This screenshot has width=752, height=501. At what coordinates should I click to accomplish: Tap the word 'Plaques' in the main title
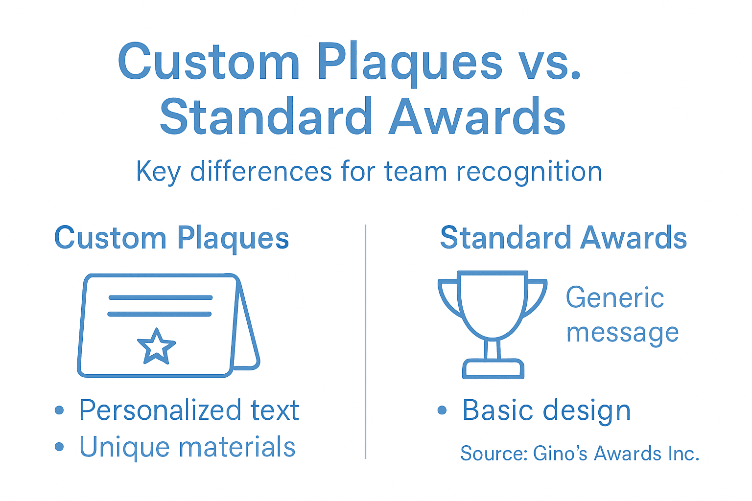(x=409, y=64)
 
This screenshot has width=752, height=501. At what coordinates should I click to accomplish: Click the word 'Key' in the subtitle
(x=158, y=172)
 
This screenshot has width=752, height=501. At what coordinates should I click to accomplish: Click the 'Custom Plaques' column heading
(x=171, y=239)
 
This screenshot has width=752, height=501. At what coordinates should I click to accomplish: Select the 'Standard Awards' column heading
(x=563, y=238)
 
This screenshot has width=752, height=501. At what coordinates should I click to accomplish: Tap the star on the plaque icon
(x=156, y=347)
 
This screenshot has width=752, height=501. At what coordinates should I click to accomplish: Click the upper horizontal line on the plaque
(x=161, y=297)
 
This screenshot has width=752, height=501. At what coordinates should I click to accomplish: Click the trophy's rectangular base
(x=493, y=369)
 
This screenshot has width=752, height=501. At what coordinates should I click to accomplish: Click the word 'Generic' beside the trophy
(x=614, y=298)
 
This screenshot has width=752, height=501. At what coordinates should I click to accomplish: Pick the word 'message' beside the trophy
(x=622, y=333)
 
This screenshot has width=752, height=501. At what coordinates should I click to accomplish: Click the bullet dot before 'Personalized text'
(x=59, y=410)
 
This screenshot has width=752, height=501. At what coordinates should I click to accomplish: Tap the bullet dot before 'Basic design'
(x=442, y=410)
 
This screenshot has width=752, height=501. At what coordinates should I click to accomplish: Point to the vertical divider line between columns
(x=365, y=342)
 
